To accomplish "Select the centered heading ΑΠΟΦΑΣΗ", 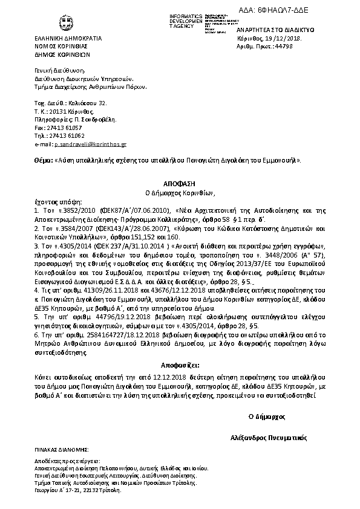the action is [179, 183].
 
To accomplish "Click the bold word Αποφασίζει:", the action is [180, 365].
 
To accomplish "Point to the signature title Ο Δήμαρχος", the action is [267, 417].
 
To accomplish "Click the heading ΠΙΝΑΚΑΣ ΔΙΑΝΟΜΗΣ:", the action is [62, 450].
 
